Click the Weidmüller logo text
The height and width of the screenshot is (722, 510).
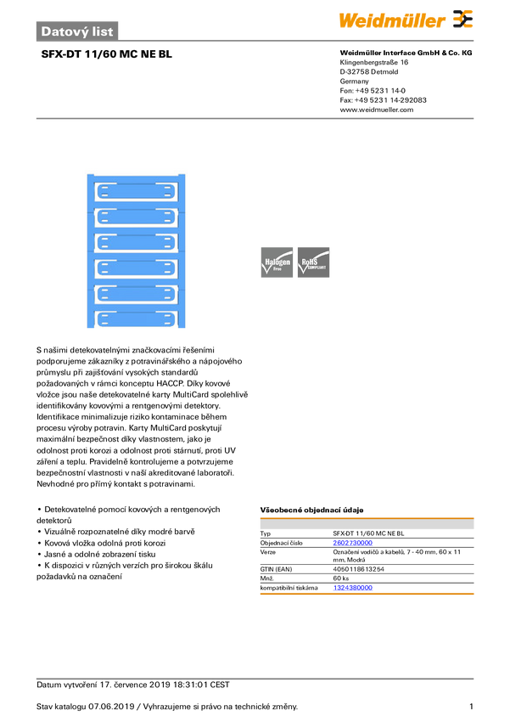click(x=392, y=20)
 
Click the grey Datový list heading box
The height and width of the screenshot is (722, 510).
click(x=77, y=31)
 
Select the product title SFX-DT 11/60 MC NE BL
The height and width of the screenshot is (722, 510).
click(x=107, y=54)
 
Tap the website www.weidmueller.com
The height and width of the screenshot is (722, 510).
click(x=377, y=110)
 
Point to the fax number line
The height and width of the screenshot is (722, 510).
click(x=383, y=100)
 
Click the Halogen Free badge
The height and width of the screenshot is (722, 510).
click(x=277, y=262)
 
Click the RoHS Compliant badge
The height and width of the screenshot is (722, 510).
click(x=314, y=262)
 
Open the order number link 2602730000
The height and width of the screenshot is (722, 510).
click(x=353, y=543)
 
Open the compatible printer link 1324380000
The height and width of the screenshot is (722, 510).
click(x=353, y=588)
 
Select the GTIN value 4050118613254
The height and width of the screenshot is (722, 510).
click(x=359, y=569)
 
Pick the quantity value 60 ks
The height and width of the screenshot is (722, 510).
click(x=341, y=578)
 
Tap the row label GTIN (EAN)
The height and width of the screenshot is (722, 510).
click(x=276, y=569)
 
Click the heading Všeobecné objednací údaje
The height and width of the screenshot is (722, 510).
click(x=311, y=510)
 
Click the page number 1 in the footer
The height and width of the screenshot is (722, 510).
click(x=471, y=707)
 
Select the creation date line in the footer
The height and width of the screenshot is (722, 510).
click(x=133, y=685)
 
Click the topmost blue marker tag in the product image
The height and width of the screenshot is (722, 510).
click(x=136, y=191)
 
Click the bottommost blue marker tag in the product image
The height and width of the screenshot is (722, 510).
click(x=136, y=319)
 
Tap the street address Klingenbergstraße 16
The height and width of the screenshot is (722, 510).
click(x=374, y=62)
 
